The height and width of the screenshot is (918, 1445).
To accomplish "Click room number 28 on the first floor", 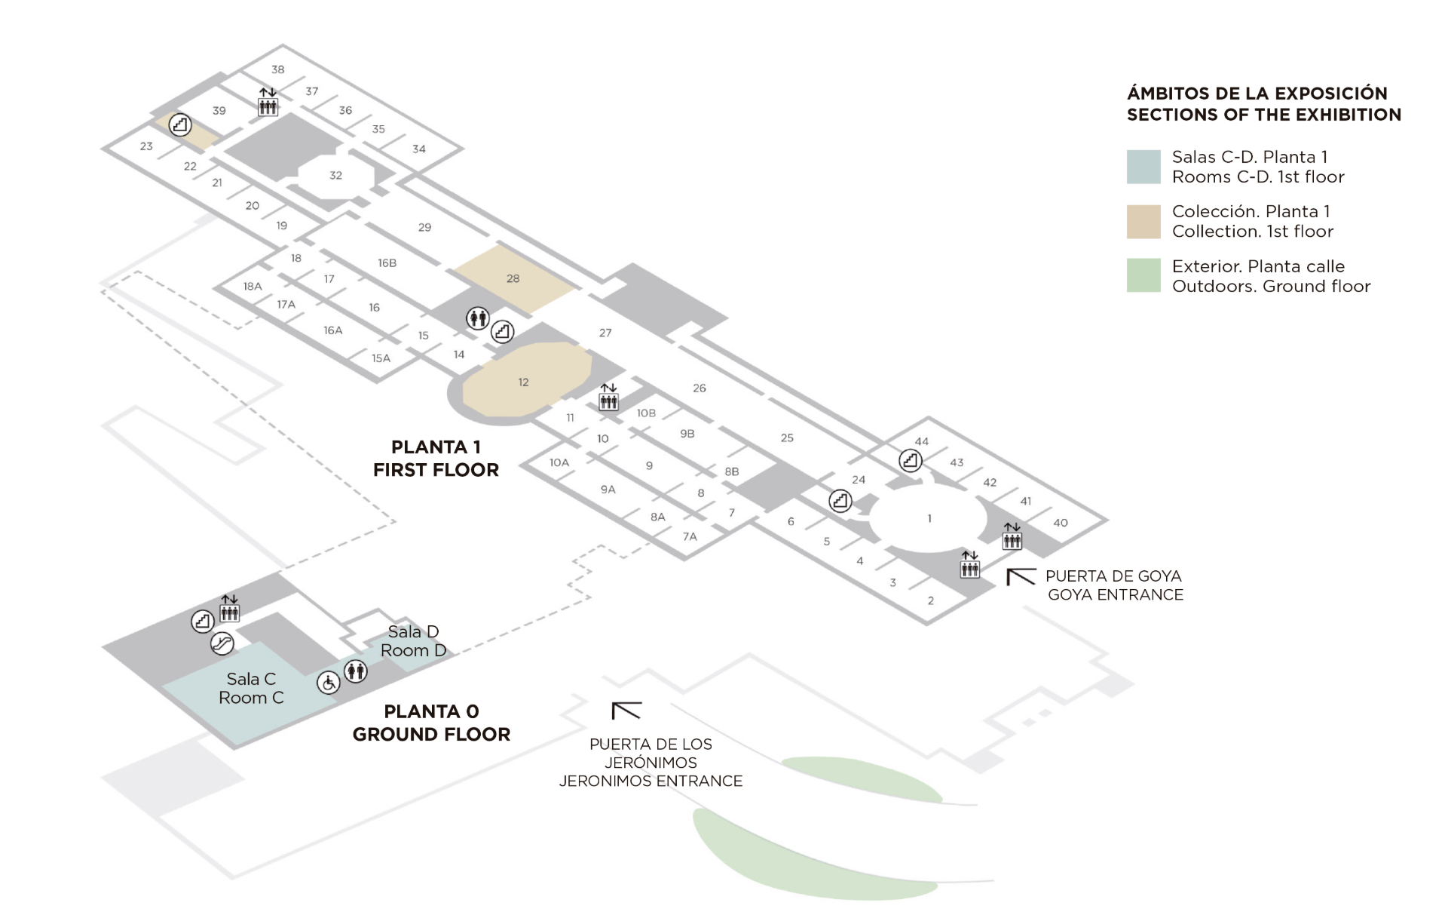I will (513, 278).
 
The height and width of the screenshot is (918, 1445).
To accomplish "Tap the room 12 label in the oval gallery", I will (523, 382).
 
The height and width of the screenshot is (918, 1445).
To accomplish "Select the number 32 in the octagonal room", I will (335, 175).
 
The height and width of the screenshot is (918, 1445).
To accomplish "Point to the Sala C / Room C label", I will (251, 688).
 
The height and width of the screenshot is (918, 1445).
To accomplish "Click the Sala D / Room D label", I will (413, 640).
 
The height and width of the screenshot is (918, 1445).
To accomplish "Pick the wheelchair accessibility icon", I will (329, 683).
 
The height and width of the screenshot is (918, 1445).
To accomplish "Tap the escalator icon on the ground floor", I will (222, 643).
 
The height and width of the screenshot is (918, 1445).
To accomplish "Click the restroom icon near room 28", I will (478, 318).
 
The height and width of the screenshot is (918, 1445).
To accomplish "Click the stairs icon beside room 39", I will (179, 124).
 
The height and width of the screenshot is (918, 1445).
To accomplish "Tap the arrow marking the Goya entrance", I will (1020, 577).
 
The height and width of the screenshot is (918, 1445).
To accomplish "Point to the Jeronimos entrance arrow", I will (625, 710).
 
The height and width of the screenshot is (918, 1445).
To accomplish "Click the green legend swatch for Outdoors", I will (1143, 275).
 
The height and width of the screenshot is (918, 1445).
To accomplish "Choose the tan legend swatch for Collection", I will (1143, 221).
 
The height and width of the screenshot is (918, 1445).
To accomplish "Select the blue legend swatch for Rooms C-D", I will (1143, 167).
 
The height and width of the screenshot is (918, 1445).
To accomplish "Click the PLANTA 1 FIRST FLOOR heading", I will (436, 458).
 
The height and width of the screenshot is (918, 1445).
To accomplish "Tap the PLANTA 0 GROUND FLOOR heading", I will (431, 723).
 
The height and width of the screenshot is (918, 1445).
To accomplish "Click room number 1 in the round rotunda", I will (929, 518).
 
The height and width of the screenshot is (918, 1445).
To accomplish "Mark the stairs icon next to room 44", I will (911, 460).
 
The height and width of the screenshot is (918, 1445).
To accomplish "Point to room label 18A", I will (253, 287).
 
